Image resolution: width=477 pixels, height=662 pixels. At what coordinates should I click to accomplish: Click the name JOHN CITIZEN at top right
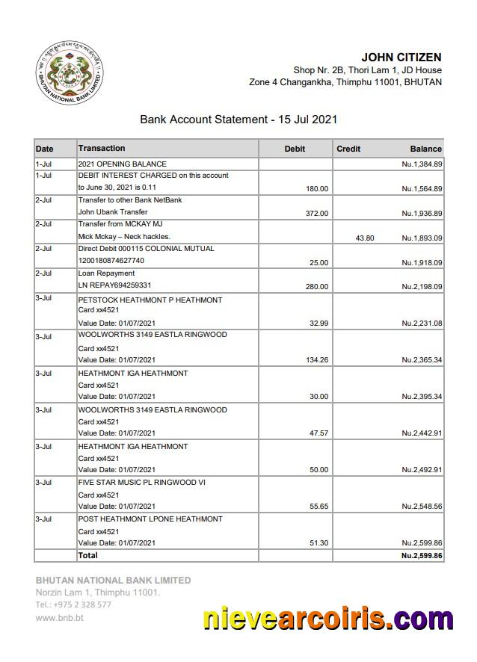tap(401, 58)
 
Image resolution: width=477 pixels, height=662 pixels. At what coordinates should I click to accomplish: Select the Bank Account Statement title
tap(238, 119)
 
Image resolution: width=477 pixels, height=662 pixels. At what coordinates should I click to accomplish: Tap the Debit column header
tap(295, 149)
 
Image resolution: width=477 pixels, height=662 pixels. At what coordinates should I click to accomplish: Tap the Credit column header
tap(348, 149)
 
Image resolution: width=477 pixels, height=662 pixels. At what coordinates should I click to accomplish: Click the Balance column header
tap(425, 149)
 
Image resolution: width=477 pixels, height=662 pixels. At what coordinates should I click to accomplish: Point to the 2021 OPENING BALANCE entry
tap(123, 164)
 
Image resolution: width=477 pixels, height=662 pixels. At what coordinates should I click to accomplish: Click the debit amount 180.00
tap(317, 189)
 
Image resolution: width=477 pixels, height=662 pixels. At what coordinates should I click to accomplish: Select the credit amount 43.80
tap(365, 238)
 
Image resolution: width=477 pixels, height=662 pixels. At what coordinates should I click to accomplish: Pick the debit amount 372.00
tap(317, 214)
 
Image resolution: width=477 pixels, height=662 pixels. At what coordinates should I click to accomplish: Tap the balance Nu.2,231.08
tap(422, 324)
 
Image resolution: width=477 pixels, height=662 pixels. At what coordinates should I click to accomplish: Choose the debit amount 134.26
tap(317, 360)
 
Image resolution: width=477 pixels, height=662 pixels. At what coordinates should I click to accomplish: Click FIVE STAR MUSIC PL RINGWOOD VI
tap(142, 483)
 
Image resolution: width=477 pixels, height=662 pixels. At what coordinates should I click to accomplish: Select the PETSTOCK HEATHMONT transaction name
tap(150, 300)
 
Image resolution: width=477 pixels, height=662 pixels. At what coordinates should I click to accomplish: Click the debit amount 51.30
tap(319, 543)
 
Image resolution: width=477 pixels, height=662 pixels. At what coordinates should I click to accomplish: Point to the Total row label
tap(88, 556)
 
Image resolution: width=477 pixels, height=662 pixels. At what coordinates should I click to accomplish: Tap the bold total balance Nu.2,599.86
tap(422, 556)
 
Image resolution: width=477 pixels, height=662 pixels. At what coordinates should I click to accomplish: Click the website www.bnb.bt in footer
tap(60, 618)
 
